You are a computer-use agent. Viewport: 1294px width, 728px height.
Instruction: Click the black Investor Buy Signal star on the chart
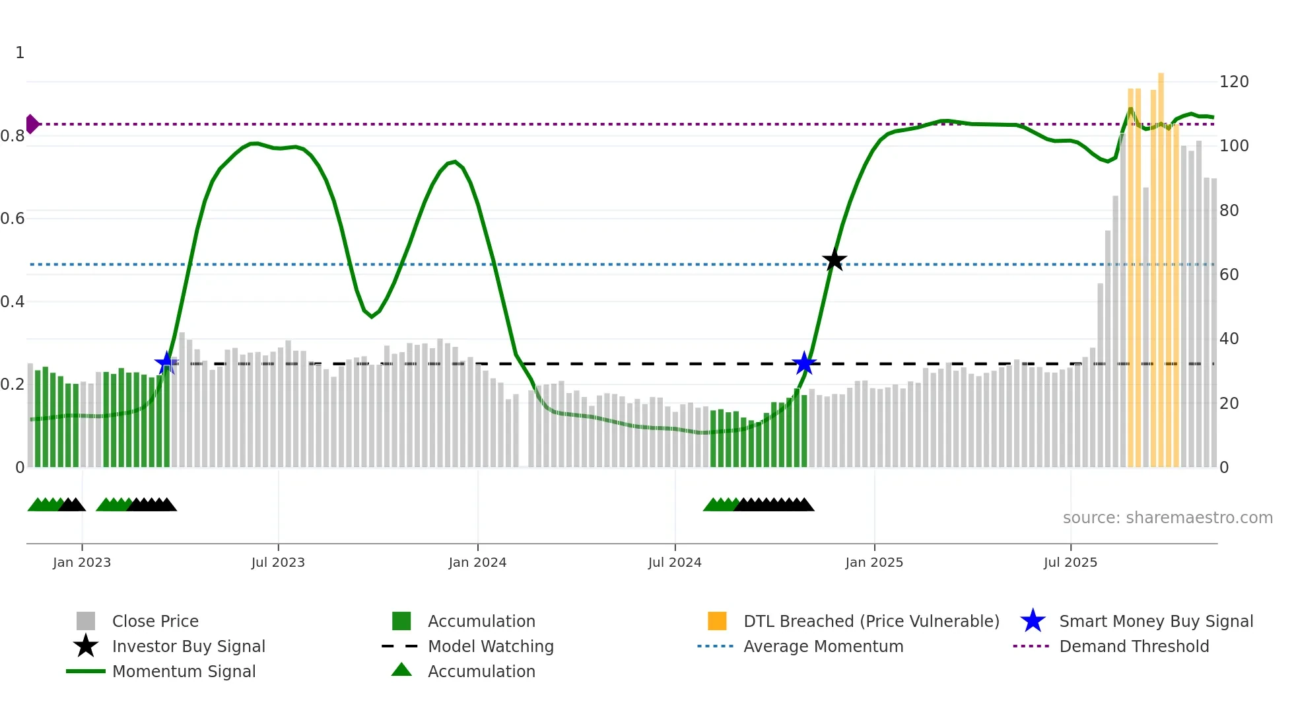click(834, 260)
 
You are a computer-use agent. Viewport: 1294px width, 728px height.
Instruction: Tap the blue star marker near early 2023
click(166, 363)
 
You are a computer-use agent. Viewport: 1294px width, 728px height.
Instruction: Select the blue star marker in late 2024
click(804, 363)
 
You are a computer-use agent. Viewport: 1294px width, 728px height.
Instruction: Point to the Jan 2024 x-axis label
click(477, 563)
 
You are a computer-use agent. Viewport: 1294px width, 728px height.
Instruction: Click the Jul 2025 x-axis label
click(1070, 563)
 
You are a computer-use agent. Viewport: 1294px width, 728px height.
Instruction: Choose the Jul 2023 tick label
click(278, 563)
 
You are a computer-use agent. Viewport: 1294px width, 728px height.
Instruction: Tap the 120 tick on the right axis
click(1234, 82)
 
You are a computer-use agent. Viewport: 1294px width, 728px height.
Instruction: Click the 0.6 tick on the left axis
click(13, 219)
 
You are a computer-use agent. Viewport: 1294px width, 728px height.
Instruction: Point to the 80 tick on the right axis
click(1229, 211)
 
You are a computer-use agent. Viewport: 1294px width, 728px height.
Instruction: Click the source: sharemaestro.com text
click(1167, 518)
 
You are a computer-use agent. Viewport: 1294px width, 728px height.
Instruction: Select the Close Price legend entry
click(155, 622)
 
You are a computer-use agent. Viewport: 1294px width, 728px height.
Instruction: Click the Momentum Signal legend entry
click(184, 672)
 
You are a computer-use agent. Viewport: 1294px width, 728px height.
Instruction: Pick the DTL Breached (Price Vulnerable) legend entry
click(871, 622)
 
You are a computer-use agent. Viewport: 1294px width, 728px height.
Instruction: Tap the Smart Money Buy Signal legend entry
click(1155, 622)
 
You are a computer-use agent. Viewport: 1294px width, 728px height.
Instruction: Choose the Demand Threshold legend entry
click(1134, 647)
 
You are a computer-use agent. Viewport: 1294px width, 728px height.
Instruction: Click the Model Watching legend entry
click(491, 647)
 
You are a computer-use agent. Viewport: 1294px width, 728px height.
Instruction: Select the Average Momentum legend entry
click(823, 647)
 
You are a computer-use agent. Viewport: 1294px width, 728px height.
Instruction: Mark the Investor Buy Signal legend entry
click(188, 647)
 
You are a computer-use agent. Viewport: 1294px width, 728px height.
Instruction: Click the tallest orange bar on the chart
click(1161, 264)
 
